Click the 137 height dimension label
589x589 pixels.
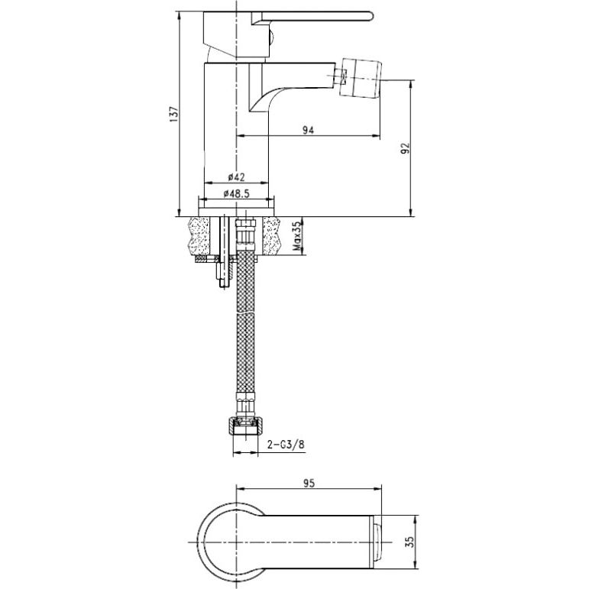[x=173, y=114]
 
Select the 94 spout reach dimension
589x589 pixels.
[x=308, y=130]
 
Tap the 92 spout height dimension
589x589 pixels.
[x=406, y=148]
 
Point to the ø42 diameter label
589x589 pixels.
[x=236, y=176]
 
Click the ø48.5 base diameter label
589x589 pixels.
[x=236, y=193]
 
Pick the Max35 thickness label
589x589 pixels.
[x=297, y=236]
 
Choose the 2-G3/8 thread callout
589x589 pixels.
[x=286, y=445]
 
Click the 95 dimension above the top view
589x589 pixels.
[x=309, y=483]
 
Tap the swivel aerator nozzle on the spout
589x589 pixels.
[x=361, y=77]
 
